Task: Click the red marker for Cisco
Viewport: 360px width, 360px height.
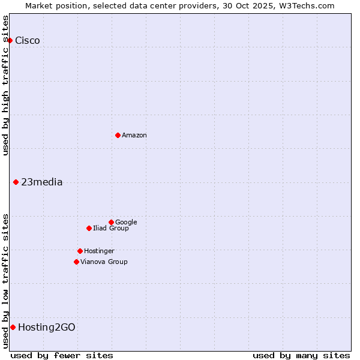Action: [10, 40]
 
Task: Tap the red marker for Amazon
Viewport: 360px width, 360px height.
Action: [118, 135]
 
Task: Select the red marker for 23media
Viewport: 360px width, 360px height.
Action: [16, 182]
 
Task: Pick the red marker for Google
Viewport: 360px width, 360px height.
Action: [111, 222]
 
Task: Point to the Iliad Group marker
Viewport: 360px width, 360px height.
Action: [89, 228]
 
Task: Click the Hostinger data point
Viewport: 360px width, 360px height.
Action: [80, 251]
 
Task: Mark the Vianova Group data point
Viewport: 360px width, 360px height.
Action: [76, 262]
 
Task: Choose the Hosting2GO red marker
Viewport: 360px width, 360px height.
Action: [13, 327]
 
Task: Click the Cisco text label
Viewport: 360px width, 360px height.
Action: [28, 41]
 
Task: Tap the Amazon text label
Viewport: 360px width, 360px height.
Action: [134, 136]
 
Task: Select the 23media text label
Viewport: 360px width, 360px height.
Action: [42, 182]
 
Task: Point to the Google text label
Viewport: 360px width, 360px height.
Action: [126, 223]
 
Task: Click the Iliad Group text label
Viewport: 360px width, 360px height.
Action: [111, 229]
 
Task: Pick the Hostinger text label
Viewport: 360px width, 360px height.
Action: [99, 251]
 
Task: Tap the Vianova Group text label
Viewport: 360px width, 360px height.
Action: [104, 262]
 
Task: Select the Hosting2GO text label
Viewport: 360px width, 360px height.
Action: [47, 328]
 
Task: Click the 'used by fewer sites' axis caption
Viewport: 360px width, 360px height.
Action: [62, 355]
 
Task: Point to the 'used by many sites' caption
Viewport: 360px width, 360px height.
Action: [301, 355]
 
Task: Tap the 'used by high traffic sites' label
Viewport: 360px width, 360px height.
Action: [5, 85]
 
